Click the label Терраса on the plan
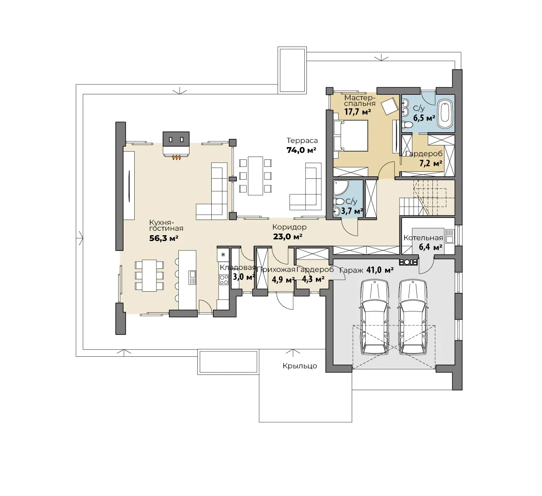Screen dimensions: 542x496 click(x=302, y=140)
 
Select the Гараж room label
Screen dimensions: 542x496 click(x=351, y=270)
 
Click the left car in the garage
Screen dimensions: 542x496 click(x=374, y=317)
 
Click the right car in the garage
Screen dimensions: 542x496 click(x=412, y=317)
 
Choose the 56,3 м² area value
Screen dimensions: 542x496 click(x=164, y=239)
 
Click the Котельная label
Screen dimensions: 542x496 click(x=423, y=238)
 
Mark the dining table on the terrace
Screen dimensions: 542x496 click(x=255, y=176)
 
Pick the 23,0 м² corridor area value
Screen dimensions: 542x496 click(x=287, y=237)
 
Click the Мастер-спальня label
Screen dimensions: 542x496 click(x=360, y=100)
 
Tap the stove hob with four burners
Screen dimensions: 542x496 click(x=224, y=280)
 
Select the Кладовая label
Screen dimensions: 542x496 click(x=238, y=268)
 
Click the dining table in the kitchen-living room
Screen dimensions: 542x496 click(x=149, y=276)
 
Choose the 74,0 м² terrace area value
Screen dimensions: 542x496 click(x=301, y=150)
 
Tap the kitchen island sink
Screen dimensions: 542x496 click(x=192, y=277)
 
